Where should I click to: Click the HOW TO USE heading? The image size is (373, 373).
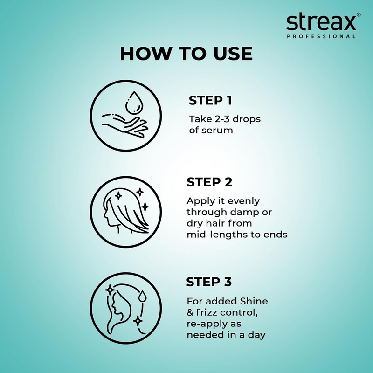point(186,54)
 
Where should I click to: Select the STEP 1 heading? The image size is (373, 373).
point(210,101)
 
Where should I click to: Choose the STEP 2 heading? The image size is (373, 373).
point(209,182)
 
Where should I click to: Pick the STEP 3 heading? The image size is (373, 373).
point(209,282)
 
